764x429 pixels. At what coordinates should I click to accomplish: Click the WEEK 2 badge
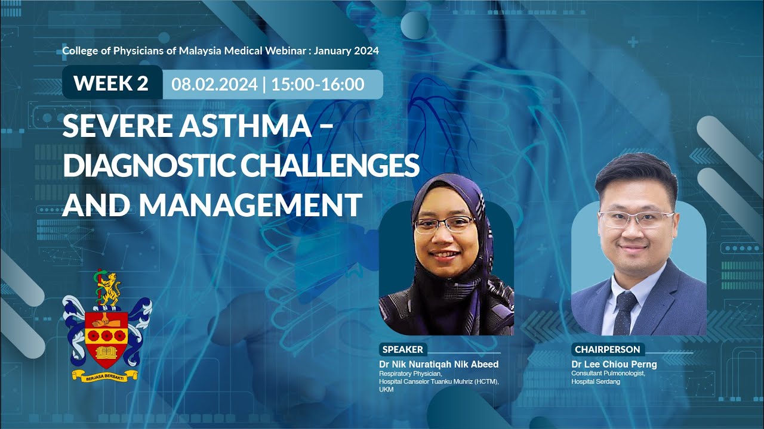(111, 83)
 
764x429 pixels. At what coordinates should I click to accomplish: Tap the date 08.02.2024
(214, 84)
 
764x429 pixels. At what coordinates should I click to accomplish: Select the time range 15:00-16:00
(318, 84)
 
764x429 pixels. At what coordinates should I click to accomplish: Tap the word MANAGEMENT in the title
(251, 205)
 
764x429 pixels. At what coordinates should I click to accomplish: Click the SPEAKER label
(403, 350)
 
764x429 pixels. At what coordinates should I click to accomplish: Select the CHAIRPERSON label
(607, 350)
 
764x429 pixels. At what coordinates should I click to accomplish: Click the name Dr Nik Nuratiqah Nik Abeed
(439, 364)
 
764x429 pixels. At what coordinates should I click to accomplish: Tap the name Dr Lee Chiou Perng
(614, 364)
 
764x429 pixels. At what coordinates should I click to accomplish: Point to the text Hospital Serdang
(595, 381)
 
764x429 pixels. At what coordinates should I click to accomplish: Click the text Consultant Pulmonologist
(608, 374)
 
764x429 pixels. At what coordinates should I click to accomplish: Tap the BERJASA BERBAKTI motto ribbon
(105, 375)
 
